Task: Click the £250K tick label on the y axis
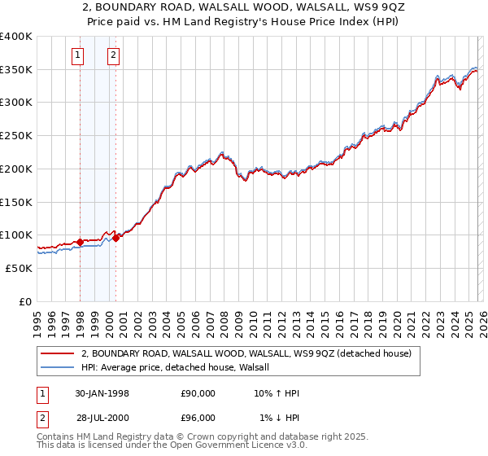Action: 16,136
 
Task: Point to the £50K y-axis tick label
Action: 19,268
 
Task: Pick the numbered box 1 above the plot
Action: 77,55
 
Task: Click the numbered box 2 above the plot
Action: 112,55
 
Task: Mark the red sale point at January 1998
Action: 81,242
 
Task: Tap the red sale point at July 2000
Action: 116,238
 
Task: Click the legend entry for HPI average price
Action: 181,367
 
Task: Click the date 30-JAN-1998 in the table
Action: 102,393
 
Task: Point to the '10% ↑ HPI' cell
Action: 277,393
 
